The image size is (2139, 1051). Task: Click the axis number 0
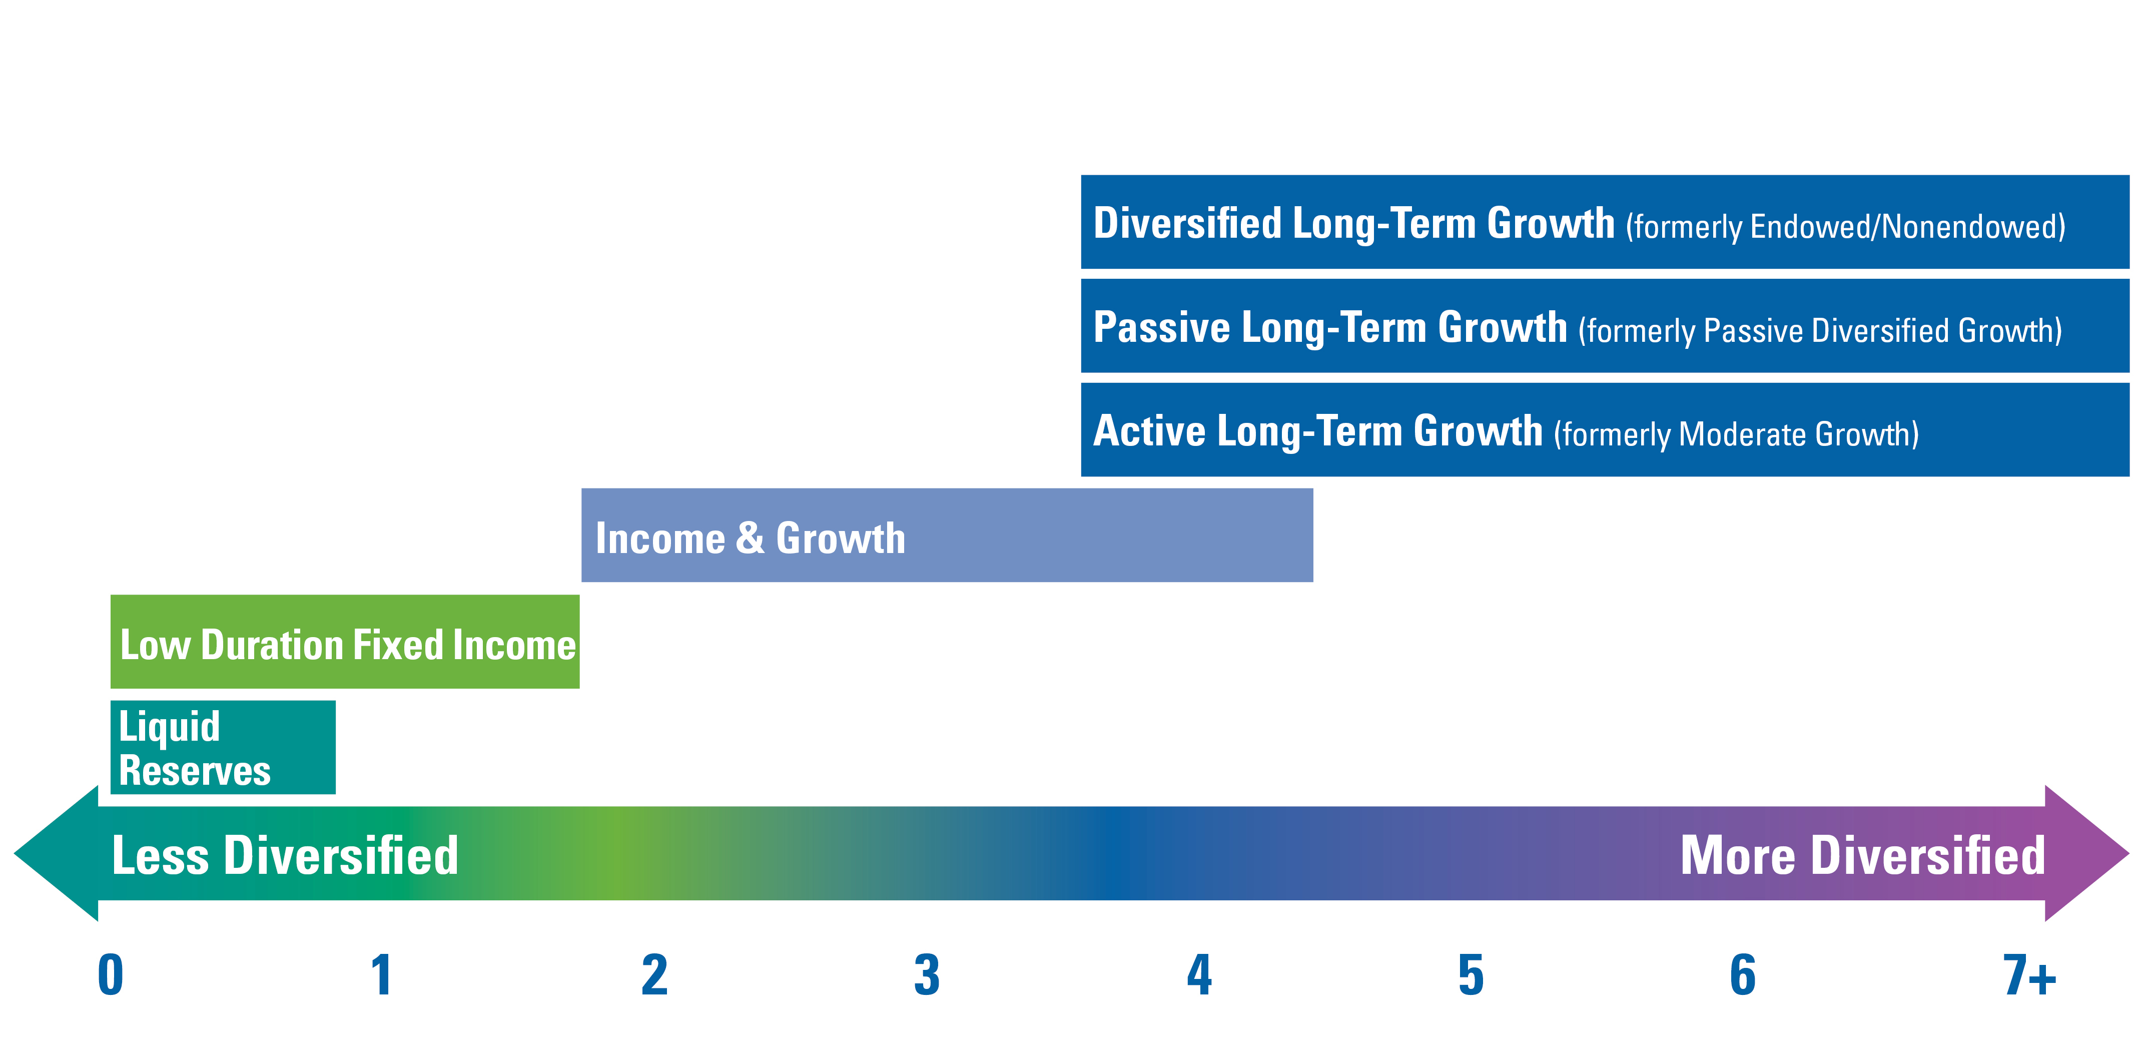click(x=111, y=974)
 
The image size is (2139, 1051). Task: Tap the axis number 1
click(x=381, y=974)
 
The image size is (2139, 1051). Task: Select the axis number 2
click(x=654, y=974)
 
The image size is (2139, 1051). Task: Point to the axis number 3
click(x=927, y=974)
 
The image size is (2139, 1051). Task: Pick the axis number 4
click(x=1199, y=974)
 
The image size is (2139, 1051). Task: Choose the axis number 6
click(x=1743, y=974)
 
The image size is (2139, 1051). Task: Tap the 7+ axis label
click(x=2029, y=974)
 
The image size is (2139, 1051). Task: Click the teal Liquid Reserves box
click(x=223, y=747)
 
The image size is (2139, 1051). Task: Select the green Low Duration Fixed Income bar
click(x=345, y=642)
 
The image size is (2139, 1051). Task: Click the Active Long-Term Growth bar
click(x=1605, y=429)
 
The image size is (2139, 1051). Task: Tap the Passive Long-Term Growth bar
click(x=1605, y=326)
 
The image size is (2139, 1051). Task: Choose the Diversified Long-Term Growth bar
click(x=1605, y=222)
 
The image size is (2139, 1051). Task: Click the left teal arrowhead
click(x=57, y=853)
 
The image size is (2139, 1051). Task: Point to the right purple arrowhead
click(x=2086, y=853)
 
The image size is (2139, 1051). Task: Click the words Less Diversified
click(x=285, y=855)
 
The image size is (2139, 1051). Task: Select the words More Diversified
click(x=1862, y=855)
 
